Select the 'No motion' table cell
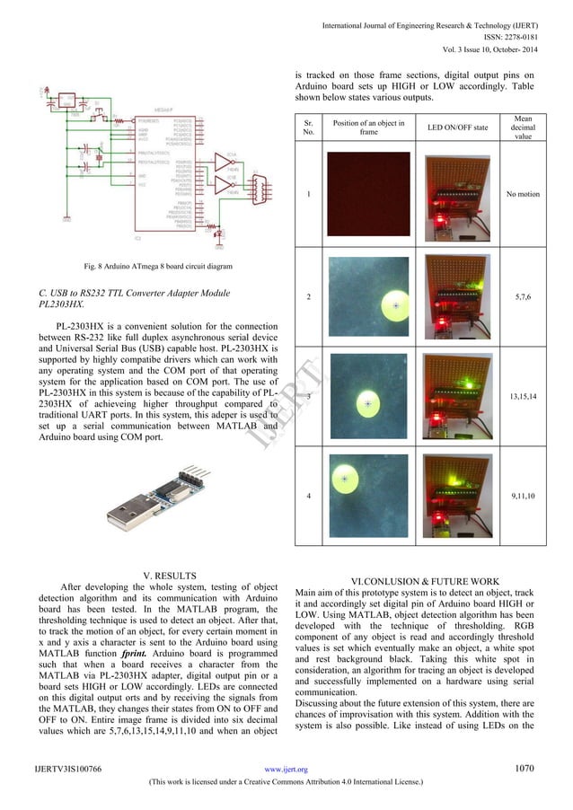pos(523,193)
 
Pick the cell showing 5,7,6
pos(523,295)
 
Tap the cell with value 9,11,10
pos(523,494)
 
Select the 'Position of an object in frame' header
pos(368,127)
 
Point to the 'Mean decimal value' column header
pos(523,127)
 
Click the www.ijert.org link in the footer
pos(286,770)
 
